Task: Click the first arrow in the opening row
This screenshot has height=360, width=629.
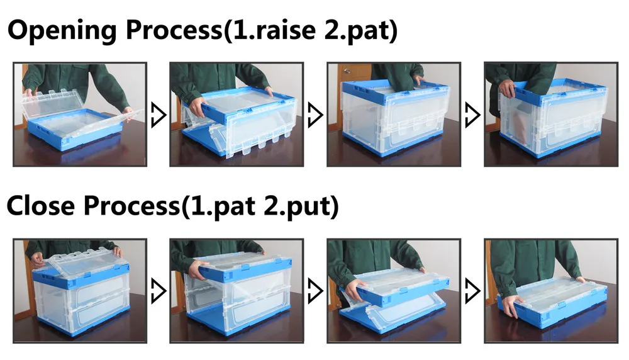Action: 158,115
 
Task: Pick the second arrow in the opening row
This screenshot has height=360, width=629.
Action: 315,115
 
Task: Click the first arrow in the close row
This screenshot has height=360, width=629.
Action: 158,291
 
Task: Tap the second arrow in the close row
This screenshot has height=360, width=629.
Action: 315,291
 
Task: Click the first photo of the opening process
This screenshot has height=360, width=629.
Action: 80,114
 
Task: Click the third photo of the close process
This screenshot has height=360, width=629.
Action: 394,291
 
